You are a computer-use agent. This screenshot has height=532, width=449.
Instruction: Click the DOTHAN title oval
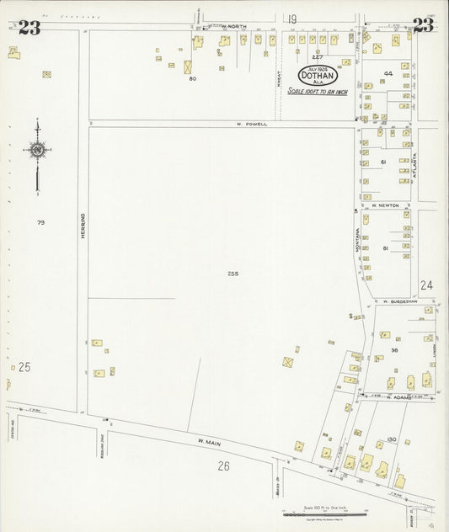317,75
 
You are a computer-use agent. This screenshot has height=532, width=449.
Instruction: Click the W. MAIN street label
208,441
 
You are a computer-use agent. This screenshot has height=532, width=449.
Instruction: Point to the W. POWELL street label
251,124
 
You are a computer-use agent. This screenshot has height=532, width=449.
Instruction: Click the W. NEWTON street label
385,205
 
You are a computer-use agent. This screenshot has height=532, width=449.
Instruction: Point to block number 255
233,274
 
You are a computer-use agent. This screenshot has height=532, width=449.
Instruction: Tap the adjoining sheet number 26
223,465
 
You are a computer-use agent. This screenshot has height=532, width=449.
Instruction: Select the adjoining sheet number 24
426,285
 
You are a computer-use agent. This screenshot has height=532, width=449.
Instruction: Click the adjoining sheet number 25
24,367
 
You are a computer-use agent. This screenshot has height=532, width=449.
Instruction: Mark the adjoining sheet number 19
292,19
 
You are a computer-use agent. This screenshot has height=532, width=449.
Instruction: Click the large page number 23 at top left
29,28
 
